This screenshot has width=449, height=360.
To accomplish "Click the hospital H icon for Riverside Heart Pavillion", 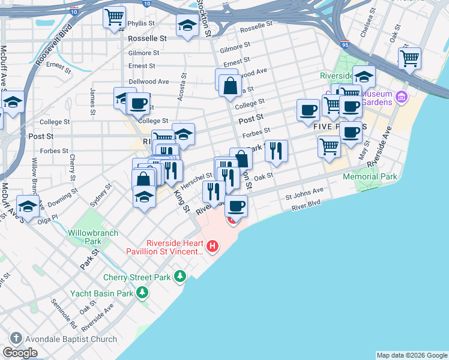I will click(x=212, y=246).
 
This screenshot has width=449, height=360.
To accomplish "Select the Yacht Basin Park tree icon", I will click(x=142, y=293).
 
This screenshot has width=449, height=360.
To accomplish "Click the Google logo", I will click(x=20, y=352).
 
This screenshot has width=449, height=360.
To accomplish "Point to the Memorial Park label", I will click(x=370, y=177).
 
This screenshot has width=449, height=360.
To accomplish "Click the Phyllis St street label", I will click(x=141, y=24).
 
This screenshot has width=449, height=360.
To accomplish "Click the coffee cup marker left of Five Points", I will click(x=308, y=110).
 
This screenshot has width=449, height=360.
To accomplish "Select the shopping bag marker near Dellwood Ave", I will click(x=230, y=86).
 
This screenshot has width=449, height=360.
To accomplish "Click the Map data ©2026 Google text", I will click(x=412, y=355).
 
